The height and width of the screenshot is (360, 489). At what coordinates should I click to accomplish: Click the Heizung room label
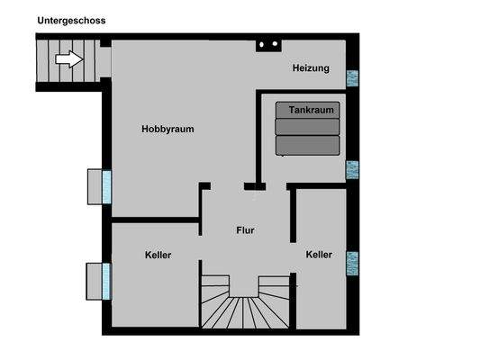point(311,68)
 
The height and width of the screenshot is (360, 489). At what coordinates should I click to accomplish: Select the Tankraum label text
point(312,110)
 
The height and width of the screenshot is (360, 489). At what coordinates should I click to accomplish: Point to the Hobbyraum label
point(168,129)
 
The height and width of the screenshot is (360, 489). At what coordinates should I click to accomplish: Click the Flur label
point(244,230)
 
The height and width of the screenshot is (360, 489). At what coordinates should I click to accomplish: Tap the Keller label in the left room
point(158,255)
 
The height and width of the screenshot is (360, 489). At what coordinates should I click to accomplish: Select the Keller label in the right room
point(319,255)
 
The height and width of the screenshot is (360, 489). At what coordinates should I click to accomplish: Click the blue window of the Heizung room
point(352,77)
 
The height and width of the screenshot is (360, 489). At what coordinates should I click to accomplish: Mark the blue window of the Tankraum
point(352,168)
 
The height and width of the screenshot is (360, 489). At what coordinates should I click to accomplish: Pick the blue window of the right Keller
point(352,262)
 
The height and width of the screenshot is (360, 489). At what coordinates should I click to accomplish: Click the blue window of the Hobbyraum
point(107,186)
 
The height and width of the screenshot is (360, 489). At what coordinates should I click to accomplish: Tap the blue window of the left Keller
point(107,279)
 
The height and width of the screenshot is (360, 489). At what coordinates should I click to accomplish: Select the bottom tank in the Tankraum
point(308,145)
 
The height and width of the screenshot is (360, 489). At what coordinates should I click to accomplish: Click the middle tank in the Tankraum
point(308,127)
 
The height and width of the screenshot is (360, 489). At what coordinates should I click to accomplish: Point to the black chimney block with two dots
point(267,43)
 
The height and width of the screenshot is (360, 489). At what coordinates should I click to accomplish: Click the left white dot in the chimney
point(262,42)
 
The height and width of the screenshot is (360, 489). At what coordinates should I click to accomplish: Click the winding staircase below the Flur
point(244,306)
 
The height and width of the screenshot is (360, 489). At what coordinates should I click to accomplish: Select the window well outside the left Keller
point(94,279)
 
